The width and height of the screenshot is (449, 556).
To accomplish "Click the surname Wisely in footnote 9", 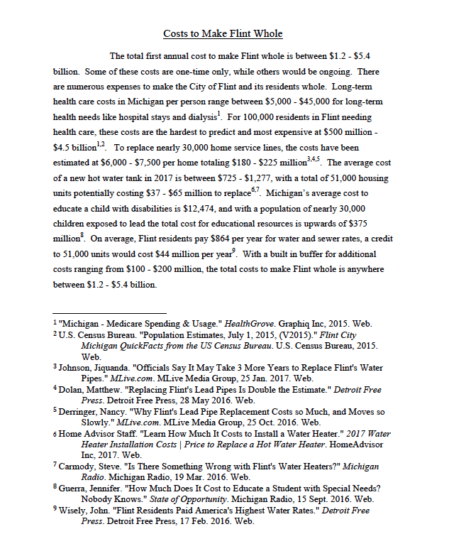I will point(76,511).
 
